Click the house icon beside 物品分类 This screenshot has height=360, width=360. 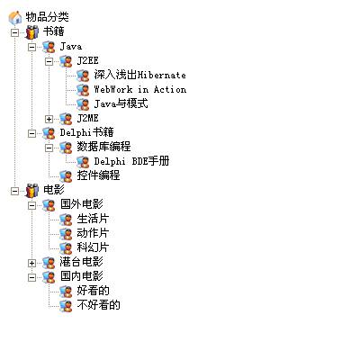pyautogui.click(x=15, y=17)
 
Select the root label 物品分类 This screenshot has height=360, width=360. pyautogui.click(x=47, y=17)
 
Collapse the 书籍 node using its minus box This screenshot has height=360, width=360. pyautogui.click(x=14, y=32)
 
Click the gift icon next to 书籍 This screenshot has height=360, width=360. pyautogui.click(x=32, y=32)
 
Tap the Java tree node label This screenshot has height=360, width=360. pyautogui.click(x=71, y=46)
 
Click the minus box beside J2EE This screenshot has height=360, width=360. pyautogui.click(x=49, y=61)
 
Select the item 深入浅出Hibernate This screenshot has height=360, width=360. pyautogui.click(x=139, y=75)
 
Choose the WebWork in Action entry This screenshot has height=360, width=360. pyautogui.click(x=139, y=89)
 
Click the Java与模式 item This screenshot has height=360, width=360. pyautogui.click(x=121, y=103)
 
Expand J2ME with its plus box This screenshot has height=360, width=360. pyautogui.click(x=49, y=119)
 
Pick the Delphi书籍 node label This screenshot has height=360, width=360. pyautogui.click(x=87, y=132)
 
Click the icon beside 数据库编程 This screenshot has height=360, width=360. pyautogui.click(x=66, y=148)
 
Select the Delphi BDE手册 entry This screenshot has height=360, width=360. pyautogui.click(x=131, y=161)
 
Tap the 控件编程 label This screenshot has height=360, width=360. pyautogui.click(x=98, y=175)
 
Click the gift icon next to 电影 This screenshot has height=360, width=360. pyautogui.click(x=32, y=191)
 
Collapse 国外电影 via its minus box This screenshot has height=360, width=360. pyautogui.click(x=31, y=205)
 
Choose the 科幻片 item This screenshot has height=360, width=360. pyautogui.click(x=93, y=247)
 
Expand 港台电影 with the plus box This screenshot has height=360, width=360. pyautogui.click(x=31, y=263)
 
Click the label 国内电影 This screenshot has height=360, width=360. pyautogui.click(x=82, y=276)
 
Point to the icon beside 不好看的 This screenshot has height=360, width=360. pyautogui.click(x=66, y=306)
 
